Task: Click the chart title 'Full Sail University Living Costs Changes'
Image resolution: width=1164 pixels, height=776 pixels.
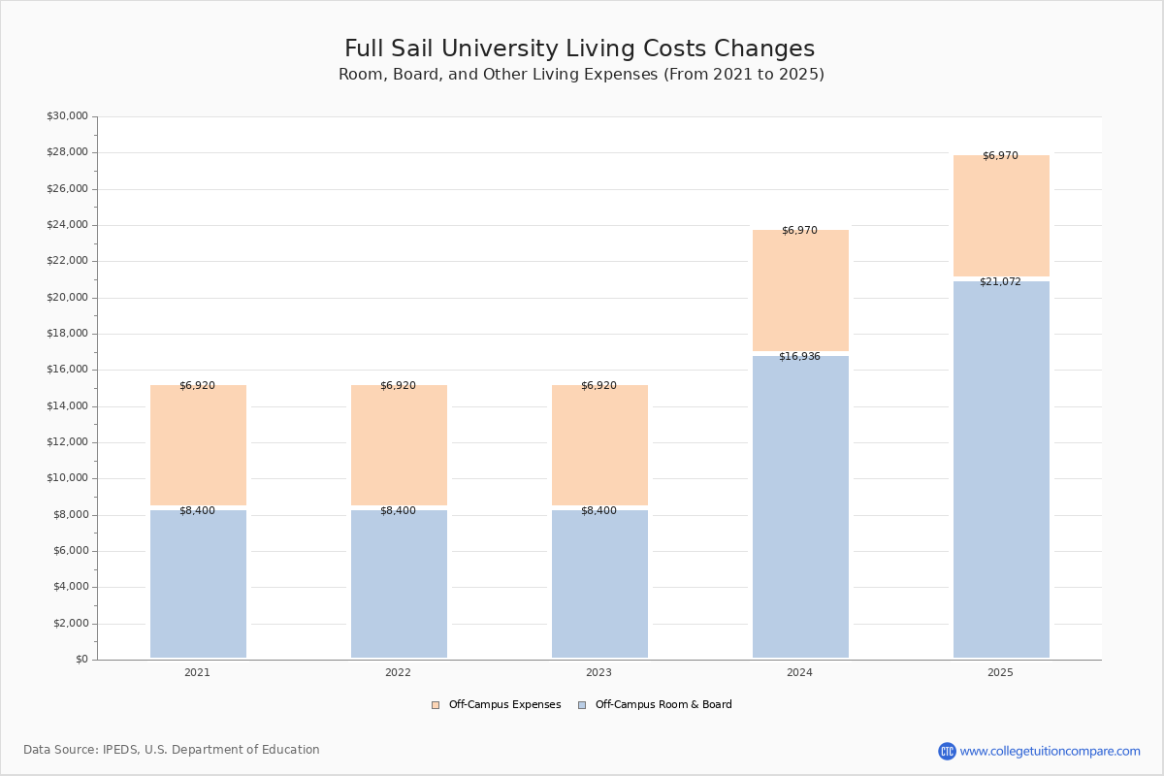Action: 579,49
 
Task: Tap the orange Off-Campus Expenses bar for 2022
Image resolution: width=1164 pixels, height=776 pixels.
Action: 399,445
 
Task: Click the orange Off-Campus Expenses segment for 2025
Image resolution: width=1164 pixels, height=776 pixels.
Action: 1001,215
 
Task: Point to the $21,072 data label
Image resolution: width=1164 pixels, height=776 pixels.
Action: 1000,282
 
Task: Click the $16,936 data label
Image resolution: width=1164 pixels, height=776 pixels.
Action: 799,357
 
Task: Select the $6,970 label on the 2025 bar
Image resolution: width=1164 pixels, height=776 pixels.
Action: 1000,156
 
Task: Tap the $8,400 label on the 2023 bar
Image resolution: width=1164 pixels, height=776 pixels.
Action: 598,511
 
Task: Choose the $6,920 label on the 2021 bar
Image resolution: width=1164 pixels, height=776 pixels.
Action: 197,386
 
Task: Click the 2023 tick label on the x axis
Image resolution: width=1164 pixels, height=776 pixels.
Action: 598,673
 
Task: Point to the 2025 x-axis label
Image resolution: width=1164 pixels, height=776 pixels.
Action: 1000,673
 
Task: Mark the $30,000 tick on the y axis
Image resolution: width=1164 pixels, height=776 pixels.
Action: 67,116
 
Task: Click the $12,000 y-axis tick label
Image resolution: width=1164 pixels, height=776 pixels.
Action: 67,442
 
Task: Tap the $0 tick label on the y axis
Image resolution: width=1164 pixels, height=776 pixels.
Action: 81,660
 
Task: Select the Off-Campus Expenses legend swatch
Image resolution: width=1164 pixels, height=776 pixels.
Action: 436,705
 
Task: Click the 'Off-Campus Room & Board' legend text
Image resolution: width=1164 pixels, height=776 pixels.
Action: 663,705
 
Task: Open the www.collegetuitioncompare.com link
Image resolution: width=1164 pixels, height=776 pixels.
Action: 1050,751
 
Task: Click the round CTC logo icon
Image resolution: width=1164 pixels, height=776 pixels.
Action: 947,751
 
